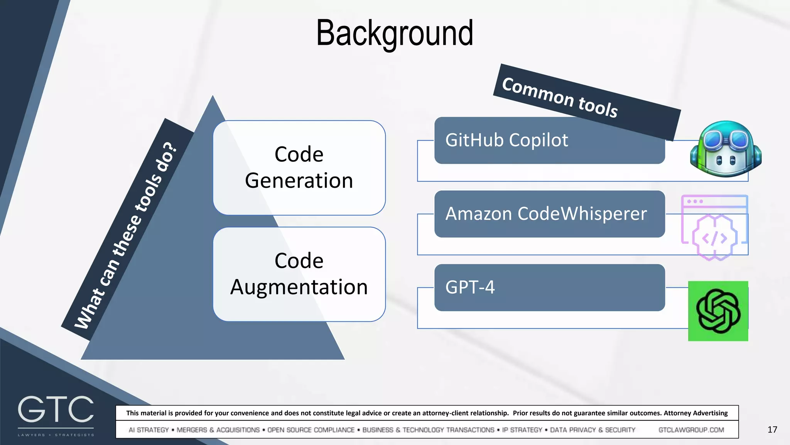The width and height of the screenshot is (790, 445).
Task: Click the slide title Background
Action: (394, 33)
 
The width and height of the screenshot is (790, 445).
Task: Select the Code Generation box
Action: (299, 168)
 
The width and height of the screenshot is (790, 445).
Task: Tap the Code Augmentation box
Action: (299, 274)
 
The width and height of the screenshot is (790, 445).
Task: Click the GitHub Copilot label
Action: (506, 140)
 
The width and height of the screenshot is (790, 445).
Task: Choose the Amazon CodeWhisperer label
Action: (546, 214)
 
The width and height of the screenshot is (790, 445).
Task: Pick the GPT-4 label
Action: (470, 287)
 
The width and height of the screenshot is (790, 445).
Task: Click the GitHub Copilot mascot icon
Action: (725, 149)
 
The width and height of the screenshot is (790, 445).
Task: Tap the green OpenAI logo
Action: (718, 311)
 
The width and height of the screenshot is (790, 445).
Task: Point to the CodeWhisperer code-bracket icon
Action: (714, 238)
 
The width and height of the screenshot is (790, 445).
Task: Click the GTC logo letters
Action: (56, 409)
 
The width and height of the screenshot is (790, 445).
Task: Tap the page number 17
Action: (772, 430)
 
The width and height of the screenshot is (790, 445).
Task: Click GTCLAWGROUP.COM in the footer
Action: (691, 430)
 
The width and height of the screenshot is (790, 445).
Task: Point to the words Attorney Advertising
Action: (695, 413)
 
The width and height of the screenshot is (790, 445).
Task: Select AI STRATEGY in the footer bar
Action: (149, 430)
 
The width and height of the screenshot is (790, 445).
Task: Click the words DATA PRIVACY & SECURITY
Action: (592, 430)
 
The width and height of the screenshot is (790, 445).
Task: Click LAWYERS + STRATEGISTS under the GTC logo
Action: (56, 435)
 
